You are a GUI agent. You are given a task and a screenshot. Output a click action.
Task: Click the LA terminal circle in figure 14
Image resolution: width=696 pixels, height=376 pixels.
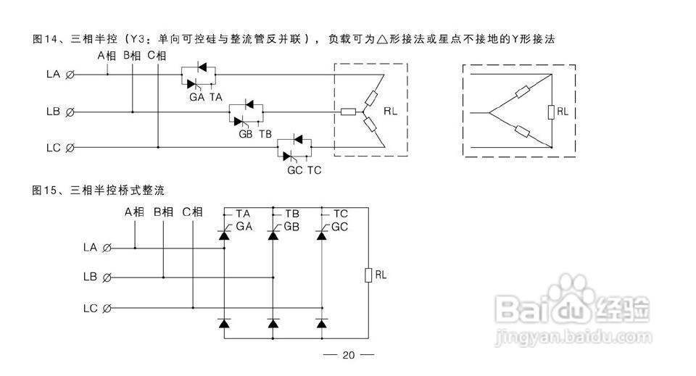click(70, 75)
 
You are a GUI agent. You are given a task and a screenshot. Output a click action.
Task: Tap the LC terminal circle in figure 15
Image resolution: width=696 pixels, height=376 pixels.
click(107, 309)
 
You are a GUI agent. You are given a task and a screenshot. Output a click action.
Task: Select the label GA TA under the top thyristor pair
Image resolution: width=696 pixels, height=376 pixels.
click(206, 96)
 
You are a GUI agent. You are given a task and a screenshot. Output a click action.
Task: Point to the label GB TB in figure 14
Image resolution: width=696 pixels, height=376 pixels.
click(254, 134)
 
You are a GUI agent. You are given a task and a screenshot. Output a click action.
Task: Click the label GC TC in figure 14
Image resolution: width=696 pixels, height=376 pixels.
click(304, 170)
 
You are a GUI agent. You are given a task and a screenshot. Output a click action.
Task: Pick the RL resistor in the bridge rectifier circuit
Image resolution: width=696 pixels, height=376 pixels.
click(368, 275)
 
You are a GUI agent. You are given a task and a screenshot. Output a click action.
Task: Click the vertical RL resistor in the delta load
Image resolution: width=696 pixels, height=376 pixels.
click(551, 112)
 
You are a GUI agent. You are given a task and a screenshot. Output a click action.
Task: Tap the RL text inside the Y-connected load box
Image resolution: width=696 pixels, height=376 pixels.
click(391, 112)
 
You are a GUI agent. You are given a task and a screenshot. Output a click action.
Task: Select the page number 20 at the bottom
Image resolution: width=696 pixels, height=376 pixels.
click(348, 356)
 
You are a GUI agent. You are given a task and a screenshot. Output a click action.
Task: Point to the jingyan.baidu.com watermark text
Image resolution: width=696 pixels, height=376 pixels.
click(573, 337)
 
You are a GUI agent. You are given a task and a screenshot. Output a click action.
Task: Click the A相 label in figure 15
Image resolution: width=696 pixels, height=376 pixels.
click(134, 212)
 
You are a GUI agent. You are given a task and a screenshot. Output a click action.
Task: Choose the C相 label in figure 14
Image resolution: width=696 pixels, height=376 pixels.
click(157, 56)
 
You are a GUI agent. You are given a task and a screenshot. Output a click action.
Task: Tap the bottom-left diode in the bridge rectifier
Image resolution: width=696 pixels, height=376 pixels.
click(225, 323)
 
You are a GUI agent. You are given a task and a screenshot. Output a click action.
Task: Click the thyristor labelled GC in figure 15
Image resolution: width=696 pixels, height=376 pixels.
click(323, 233)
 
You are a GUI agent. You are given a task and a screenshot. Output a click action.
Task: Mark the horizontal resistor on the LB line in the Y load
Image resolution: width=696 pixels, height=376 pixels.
click(348, 112)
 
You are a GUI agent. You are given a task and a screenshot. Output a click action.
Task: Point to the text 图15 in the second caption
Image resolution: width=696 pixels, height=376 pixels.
click(45, 191)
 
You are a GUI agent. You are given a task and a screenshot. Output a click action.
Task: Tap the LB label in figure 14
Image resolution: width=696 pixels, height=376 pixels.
click(52, 112)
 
